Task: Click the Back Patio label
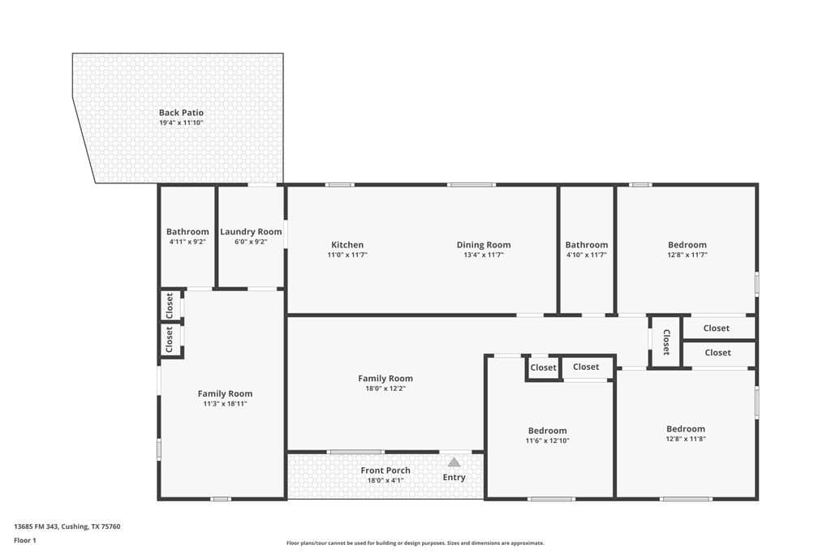[x=181, y=112]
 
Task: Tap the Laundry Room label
[x=251, y=231]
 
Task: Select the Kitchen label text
[x=347, y=245]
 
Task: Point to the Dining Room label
[x=484, y=245]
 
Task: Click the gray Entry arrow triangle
[x=454, y=462]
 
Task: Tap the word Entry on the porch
[x=454, y=477]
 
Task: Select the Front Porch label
[x=385, y=470]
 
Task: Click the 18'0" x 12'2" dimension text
[x=385, y=389]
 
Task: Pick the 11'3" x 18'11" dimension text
[x=226, y=404]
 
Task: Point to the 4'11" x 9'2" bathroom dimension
[x=187, y=242]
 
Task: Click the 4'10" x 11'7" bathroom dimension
[x=587, y=255]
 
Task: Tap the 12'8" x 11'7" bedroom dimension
[x=687, y=255]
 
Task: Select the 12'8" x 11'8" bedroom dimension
[x=686, y=439]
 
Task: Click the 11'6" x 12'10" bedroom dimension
[x=548, y=440]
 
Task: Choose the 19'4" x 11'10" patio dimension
[x=181, y=122]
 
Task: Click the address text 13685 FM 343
[x=36, y=526]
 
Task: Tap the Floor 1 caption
[x=25, y=541]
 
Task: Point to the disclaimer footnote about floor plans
[x=415, y=543]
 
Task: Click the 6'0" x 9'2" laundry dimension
[x=251, y=242]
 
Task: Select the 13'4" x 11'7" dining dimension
[x=484, y=255]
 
